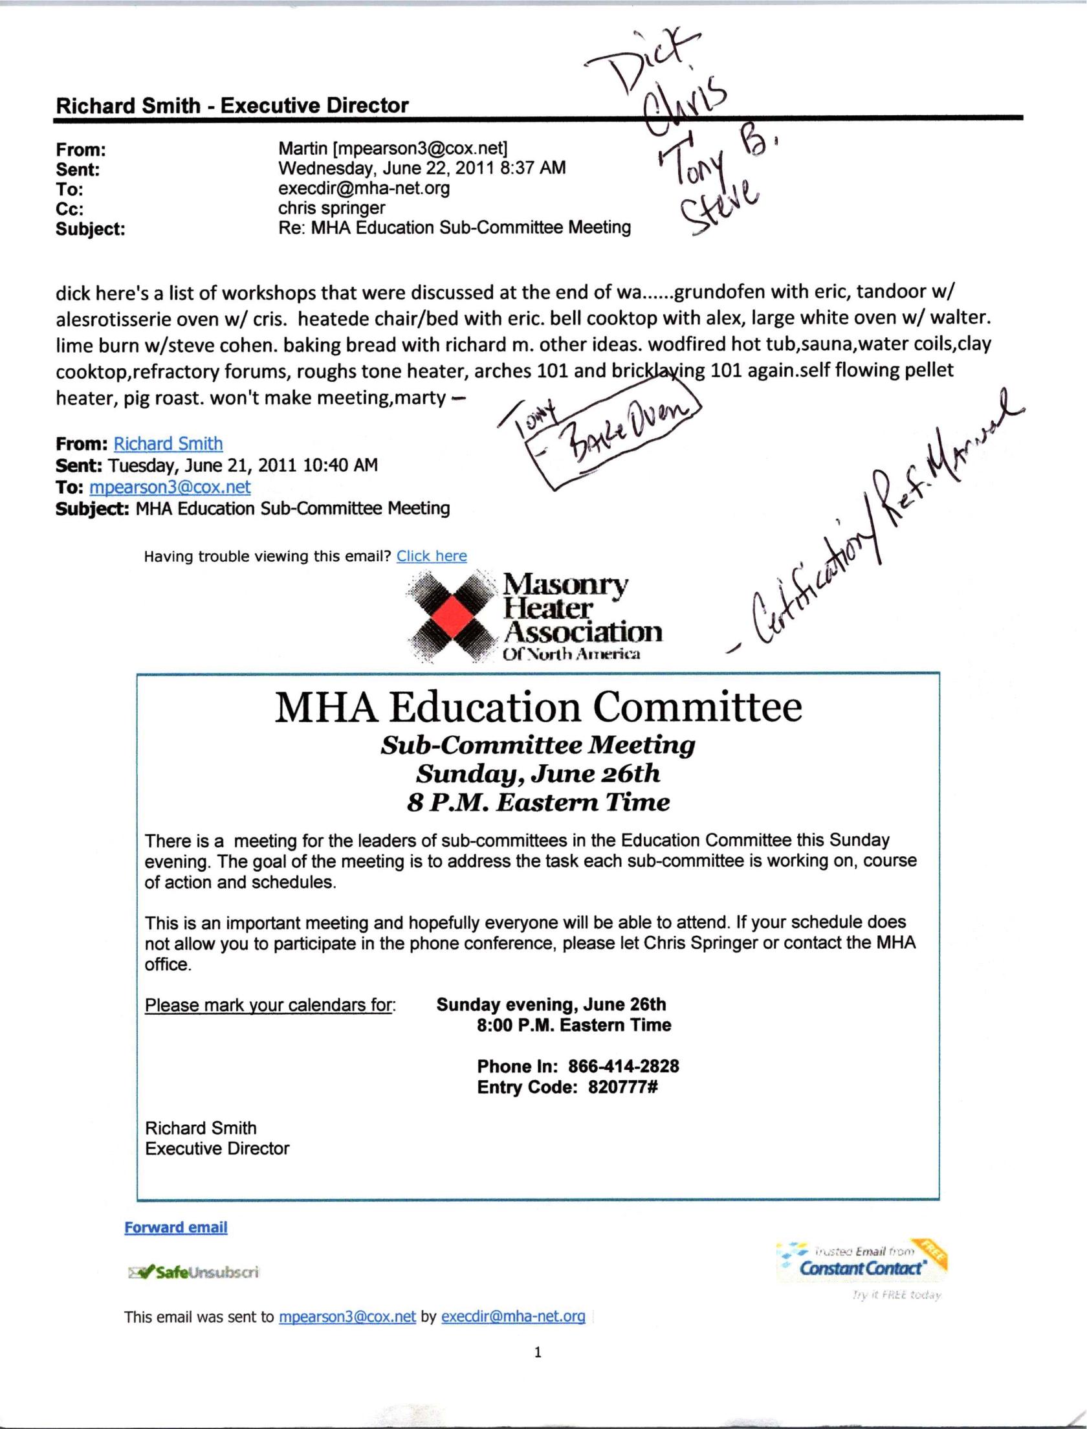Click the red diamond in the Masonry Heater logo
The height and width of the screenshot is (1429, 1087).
pos(452,615)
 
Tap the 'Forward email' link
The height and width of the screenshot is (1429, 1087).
pos(175,1228)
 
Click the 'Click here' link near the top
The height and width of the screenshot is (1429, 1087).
pos(432,556)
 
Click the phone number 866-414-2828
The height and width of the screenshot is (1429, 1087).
pos(623,1067)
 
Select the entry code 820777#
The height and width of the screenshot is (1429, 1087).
pos(622,1087)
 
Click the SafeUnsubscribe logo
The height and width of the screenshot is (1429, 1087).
pos(193,1272)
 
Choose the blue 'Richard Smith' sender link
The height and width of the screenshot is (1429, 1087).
pos(168,444)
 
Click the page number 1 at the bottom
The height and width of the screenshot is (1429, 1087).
pos(538,1352)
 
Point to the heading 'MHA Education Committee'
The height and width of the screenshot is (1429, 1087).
pos(538,707)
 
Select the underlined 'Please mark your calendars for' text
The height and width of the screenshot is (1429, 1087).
pos(269,1005)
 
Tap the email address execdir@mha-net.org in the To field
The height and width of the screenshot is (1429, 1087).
pos(364,188)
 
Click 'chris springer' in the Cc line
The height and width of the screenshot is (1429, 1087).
pos(331,208)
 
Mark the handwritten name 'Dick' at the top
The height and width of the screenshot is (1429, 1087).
pos(647,65)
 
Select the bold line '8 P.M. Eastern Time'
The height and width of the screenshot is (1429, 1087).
pos(538,803)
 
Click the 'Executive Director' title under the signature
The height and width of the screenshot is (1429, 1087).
pos(217,1149)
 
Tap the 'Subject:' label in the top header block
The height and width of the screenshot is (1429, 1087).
pos(90,228)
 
